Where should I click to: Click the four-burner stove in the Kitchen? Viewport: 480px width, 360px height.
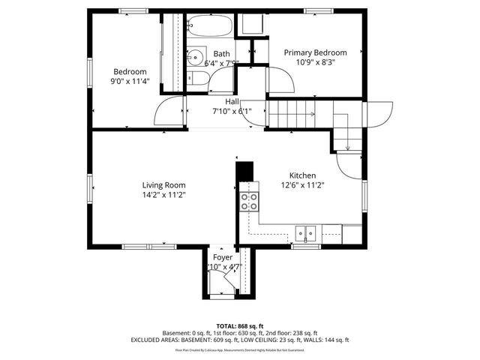248,201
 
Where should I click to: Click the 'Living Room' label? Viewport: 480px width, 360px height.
164,184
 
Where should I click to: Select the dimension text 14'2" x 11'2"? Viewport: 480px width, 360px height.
164,194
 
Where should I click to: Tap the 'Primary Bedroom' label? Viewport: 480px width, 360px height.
315,52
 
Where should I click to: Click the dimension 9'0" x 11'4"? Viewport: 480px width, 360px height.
130,82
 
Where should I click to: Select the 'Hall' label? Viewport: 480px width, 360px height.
232,101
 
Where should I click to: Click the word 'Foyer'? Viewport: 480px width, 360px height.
223,257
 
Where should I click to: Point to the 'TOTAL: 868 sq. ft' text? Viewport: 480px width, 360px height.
240,325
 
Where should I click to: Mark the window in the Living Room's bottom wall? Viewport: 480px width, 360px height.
138,245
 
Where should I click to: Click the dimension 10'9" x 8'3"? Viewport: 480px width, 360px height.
315,63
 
